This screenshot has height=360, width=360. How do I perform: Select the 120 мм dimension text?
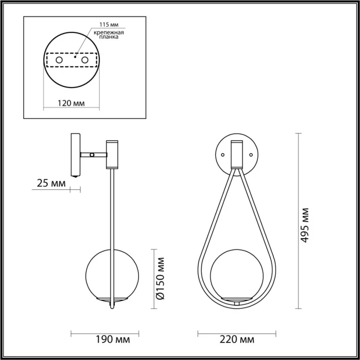(71, 103)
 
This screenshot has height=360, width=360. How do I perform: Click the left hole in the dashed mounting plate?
(59, 61)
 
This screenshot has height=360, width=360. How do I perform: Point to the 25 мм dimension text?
(51, 183)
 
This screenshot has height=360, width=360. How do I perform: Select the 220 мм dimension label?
(237, 339)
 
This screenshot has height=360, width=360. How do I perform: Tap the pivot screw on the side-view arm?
(92, 154)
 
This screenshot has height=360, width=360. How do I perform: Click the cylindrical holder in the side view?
(113, 154)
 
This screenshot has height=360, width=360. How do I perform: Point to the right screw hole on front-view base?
(250, 154)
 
